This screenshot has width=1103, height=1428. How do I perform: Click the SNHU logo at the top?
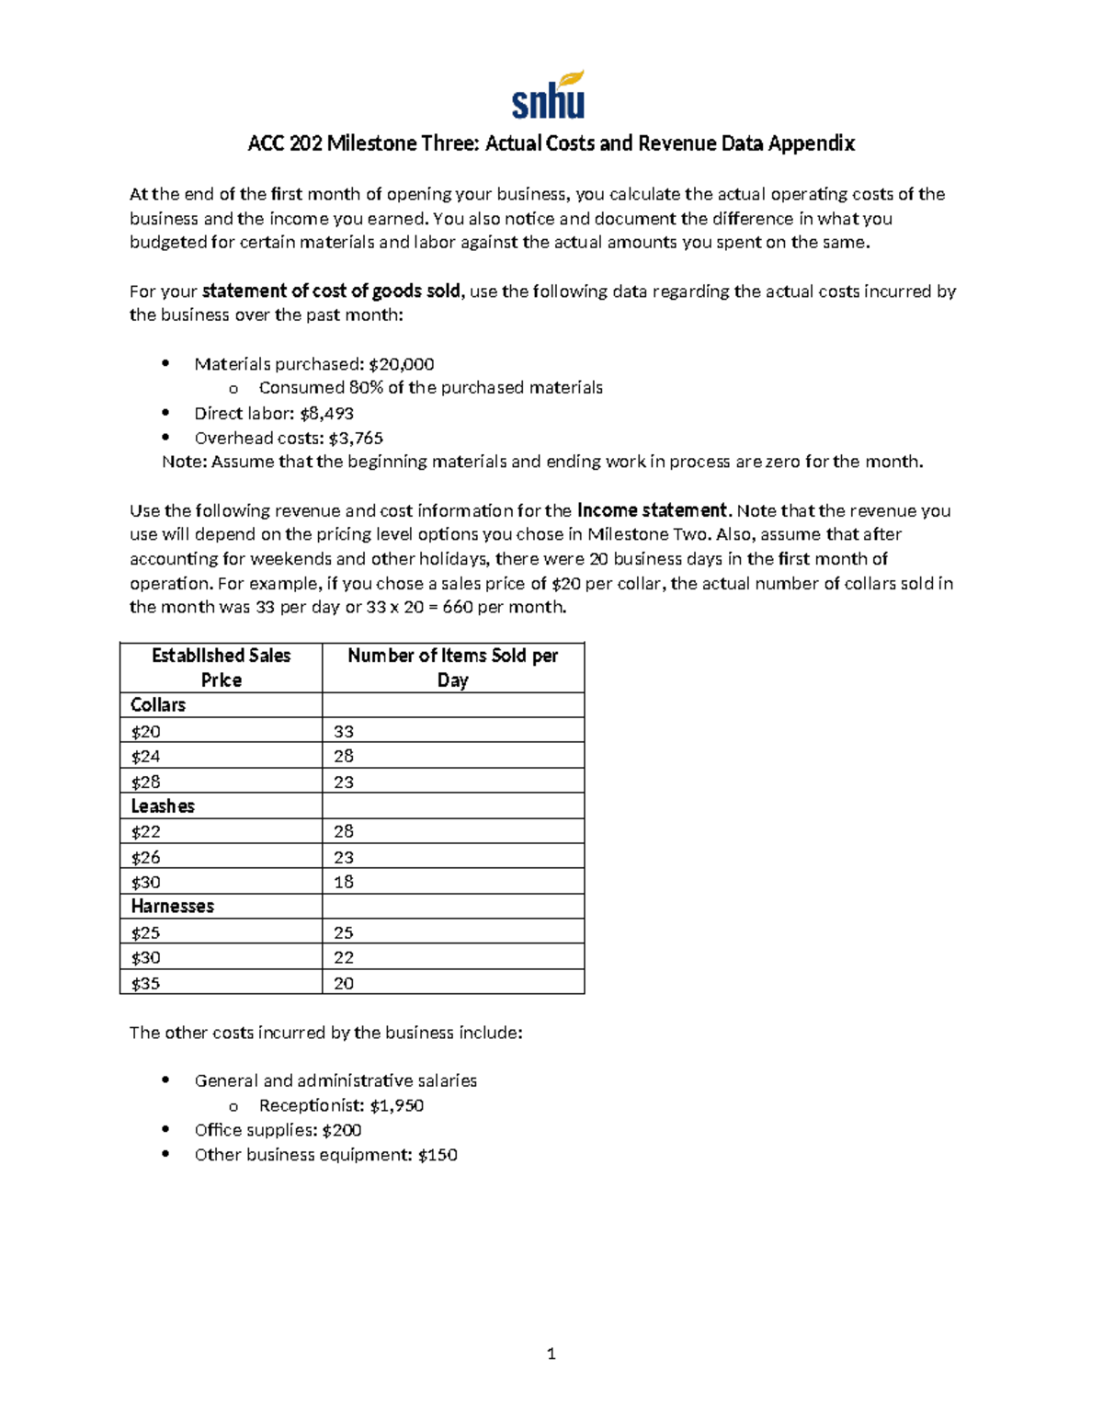coord(549,96)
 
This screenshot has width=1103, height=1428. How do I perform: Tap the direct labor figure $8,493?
coord(326,414)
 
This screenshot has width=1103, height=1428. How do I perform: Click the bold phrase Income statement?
coord(652,510)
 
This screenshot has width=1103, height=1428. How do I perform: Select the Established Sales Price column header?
coord(221,668)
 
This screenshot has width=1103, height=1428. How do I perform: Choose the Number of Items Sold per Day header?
coord(452,668)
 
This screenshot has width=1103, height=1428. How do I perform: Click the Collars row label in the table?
coord(158,705)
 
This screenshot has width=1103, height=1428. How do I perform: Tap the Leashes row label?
coord(163,806)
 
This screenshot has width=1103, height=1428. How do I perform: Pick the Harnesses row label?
coord(172,907)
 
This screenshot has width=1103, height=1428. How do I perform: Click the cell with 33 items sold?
coord(344,732)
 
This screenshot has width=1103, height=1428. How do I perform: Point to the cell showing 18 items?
coord(344,882)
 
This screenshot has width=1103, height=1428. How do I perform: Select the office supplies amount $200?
coord(341,1130)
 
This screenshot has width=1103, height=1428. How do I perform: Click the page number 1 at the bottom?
coord(551,1354)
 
